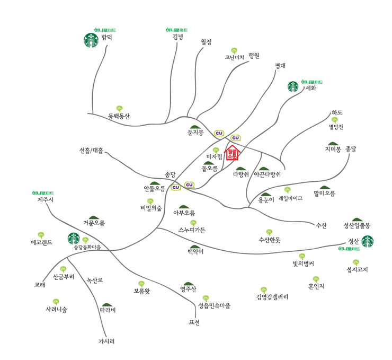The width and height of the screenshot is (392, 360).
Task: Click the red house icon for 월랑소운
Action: [x=233, y=153]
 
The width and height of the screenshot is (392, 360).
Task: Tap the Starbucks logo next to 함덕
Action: [x=91, y=40]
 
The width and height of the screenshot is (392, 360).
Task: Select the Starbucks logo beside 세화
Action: [x=293, y=86]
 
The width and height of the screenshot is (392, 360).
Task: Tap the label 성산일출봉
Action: [x=357, y=225]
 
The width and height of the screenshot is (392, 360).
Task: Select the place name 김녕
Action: [x=178, y=37]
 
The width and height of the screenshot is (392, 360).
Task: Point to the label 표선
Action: [x=194, y=322]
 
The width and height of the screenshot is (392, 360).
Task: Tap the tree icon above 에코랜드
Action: [x=41, y=234]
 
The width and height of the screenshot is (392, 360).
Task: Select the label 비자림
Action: [x=215, y=156]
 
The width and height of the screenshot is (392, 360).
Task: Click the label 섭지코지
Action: [x=357, y=269]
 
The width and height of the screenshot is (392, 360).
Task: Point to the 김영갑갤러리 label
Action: [x=272, y=297]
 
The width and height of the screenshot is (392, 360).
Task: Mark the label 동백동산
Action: [x=119, y=116]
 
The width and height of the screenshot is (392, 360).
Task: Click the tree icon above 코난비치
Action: [x=235, y=50]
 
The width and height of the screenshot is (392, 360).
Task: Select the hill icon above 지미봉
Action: [x=333, y=144]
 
